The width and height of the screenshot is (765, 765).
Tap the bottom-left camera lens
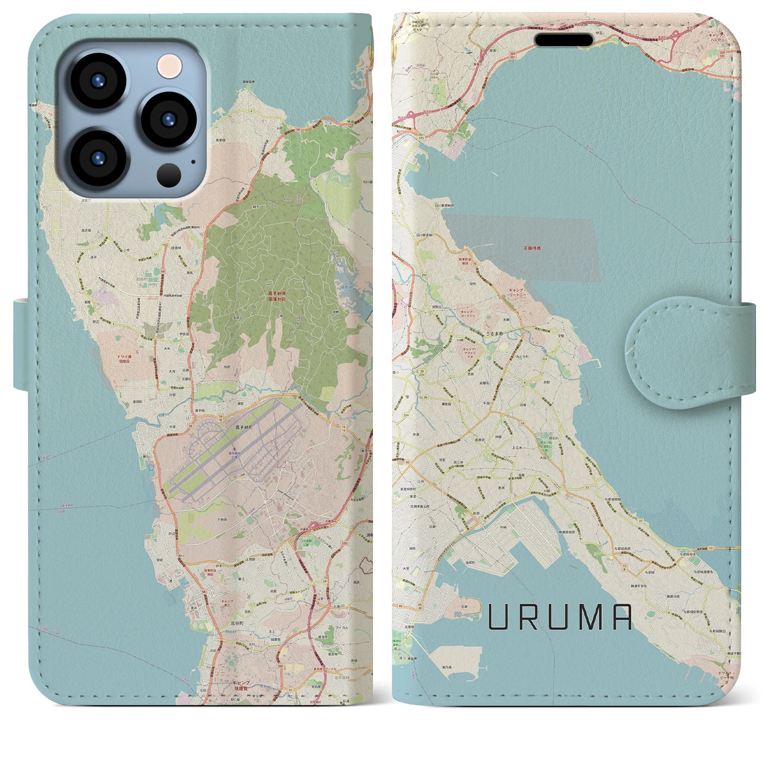pos(97,158)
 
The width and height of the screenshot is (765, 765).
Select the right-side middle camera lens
pos(169,120)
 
